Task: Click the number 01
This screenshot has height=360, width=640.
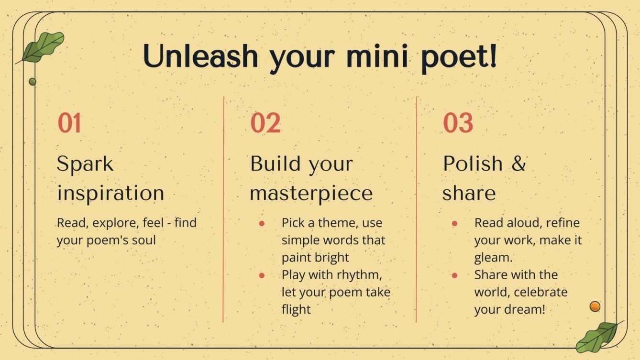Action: [x=69, y=123]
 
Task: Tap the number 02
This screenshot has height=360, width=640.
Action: [x=265, y=123]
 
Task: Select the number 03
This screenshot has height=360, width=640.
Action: [x=458, y=123]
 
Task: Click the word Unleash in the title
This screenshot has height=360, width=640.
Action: [x=201, y=57]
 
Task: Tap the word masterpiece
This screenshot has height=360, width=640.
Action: [x=311, y=194]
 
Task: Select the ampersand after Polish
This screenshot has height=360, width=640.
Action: [x=518, y=164]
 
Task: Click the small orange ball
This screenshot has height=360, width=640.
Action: [x=595, y=306]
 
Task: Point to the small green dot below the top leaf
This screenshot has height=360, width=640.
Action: [x=33, y=82]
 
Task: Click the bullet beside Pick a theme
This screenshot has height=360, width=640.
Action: [x=262, y=223]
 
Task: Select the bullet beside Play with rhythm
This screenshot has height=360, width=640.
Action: [x=262, y=275]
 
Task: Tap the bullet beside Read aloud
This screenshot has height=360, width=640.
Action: [x=454, y=223]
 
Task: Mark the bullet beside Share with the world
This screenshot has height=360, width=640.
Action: [x=454, y=275]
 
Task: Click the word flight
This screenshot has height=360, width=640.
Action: [x=296, y=309]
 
